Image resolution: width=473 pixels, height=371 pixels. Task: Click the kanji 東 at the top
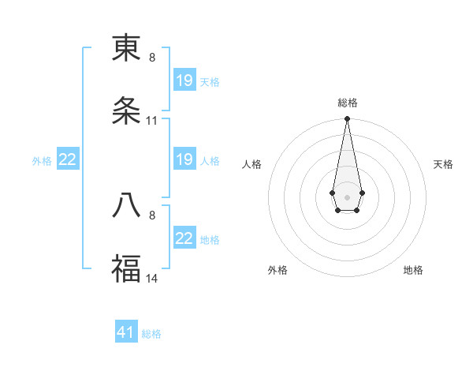[x=126, y=49]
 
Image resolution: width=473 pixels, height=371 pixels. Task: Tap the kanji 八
[x=126, y=205]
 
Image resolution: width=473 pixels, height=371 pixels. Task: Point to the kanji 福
[x=126, y=268]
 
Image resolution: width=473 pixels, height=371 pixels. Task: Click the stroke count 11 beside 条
[x=152, y=121]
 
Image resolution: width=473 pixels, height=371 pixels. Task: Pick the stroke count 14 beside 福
[x=152, y=278]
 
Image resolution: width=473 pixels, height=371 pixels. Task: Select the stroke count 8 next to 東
[x=152, y=58]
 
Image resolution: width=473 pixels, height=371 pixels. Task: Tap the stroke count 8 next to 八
[x=152, y=214]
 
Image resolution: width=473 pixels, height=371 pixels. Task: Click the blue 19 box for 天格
[x=184, y=81]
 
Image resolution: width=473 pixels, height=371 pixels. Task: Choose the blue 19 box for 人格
[x=184, y=160]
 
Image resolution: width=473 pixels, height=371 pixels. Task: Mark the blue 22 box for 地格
[x=184, y=238]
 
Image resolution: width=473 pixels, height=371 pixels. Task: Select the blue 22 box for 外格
[x=68, y=160]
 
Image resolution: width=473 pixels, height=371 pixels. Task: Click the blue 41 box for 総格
[x=126, y=332]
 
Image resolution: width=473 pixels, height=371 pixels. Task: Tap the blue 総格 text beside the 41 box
[x=151, y=334]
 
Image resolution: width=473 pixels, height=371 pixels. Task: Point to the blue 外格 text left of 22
[x=42, y=161]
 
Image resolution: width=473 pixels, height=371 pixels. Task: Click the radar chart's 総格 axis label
[x=348, y=103]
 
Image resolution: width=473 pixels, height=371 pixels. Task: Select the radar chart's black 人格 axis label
[x=252, y=164]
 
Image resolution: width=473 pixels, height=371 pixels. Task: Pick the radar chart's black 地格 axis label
[x=413, y=270]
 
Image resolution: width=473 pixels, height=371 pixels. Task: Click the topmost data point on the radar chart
[x=347, y=119]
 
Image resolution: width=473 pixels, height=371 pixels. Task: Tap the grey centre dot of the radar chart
[x=347, y=196]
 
